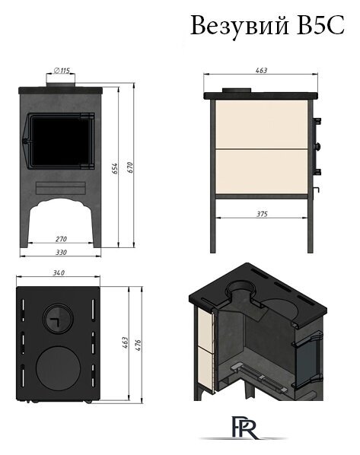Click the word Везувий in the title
(x=240, y=26)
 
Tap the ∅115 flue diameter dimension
(x=62, y=70)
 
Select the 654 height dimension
(x=115, y=169)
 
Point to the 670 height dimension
(x=130, y=167)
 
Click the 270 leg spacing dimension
(x=61, y=239)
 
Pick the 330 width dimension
(x=61, y=253)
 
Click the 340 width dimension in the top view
(x=59, y=272)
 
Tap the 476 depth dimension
(x=139, y=345)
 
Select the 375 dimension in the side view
(x=262, y=214)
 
